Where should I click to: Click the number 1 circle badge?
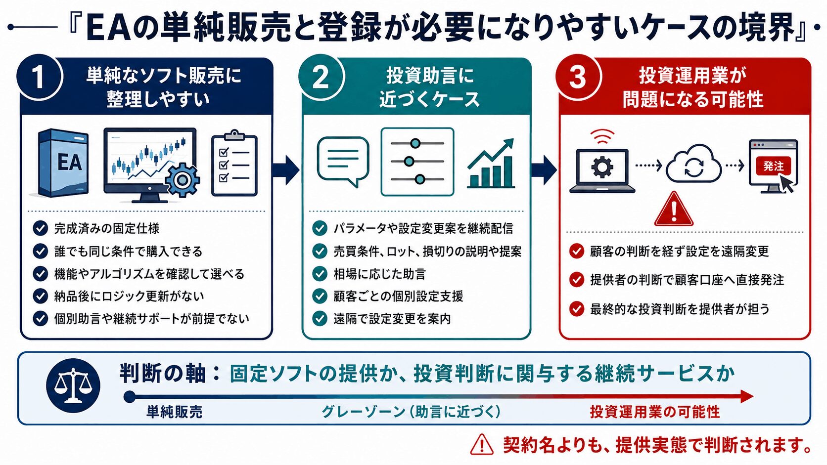point(40,77)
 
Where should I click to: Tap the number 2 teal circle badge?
point(321,77)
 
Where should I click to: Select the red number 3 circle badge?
point(578,77)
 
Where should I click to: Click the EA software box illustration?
point(64,163)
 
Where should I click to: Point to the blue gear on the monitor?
point(182,179)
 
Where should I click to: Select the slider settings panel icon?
point(417,162)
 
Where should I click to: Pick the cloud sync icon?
point(693,164)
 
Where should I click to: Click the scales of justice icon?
point(73,385)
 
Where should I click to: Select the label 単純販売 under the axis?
point(174,412)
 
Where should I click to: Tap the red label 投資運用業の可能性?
point(655,412)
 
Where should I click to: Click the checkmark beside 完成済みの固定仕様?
point(40,228)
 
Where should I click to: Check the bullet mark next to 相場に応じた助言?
point(320,274)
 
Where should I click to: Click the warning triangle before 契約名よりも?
point(482,444)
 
